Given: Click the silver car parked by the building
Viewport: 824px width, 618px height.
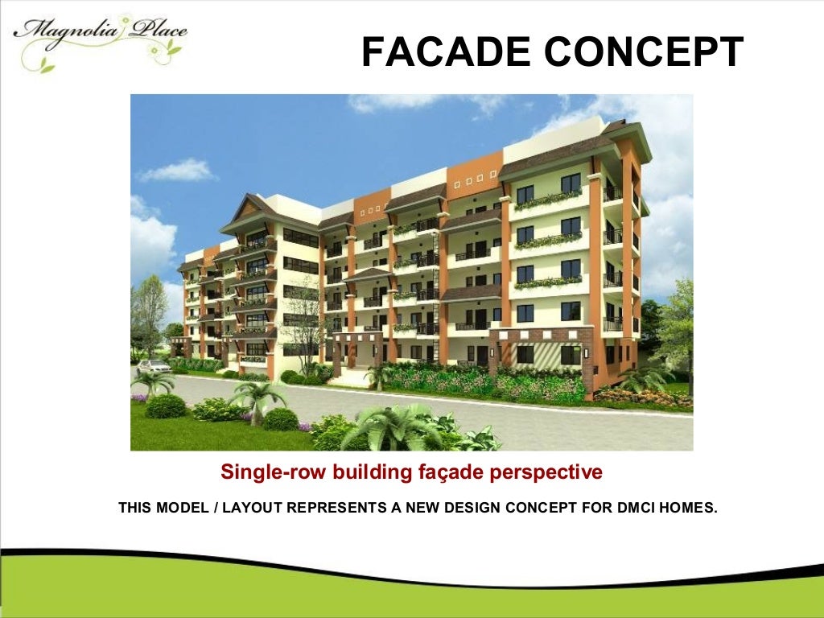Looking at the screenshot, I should tap(153, 367).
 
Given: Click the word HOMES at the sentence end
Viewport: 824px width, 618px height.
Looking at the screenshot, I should tap(687, 508).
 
